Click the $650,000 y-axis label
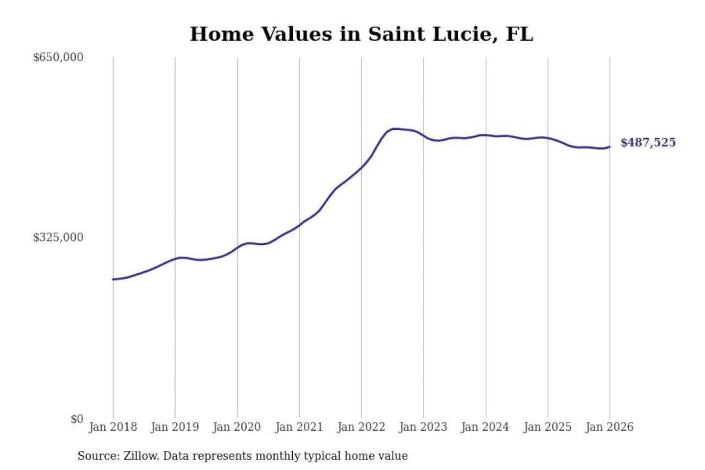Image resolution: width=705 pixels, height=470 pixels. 58,57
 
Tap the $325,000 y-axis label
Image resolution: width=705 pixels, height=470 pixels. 58,237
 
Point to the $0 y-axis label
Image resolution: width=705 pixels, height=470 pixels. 77,419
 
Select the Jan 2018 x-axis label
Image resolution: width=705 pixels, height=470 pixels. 113,427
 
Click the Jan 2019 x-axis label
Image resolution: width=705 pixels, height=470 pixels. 175,427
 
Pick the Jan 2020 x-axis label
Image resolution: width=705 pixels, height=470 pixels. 237,427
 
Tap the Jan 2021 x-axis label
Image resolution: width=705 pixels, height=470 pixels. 299,427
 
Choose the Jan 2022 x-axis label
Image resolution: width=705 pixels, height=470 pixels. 361,427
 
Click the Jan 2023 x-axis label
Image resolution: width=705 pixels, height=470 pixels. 423,427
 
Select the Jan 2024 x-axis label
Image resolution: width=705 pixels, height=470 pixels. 485,427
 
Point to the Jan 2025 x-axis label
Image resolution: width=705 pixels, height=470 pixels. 547,427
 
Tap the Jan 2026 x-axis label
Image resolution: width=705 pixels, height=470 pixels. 610,427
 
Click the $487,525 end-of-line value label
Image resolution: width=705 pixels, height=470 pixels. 648,142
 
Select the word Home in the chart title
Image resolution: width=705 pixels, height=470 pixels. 222,34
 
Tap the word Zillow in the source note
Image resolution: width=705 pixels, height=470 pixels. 141,456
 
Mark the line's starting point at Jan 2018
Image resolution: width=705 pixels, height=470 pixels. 113,279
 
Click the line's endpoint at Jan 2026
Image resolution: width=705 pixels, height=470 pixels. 610,146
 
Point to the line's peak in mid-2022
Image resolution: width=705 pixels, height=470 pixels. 395,129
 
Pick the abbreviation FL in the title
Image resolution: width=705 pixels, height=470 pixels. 519,34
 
